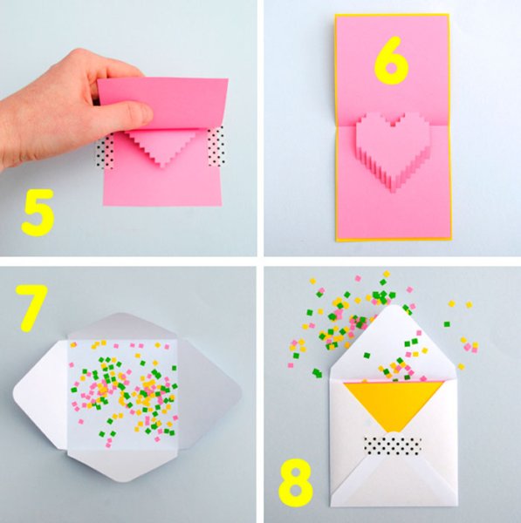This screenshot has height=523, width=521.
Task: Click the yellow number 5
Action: [38, 213]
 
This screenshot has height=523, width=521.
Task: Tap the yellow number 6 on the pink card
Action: [391, 61]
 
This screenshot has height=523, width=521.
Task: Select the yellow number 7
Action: [31, 308]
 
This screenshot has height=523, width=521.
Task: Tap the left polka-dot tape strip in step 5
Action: [105, 153]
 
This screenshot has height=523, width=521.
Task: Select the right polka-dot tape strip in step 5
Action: [216, 146]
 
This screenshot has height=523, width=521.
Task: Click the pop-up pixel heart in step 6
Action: [393, 150]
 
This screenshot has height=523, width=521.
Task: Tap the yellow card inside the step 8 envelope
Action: [394, 404]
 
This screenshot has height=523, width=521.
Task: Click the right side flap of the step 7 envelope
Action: [210, 394]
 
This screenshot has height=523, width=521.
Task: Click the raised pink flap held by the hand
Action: [163, 104]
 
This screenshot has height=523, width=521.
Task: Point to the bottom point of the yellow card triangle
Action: [394, 432]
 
